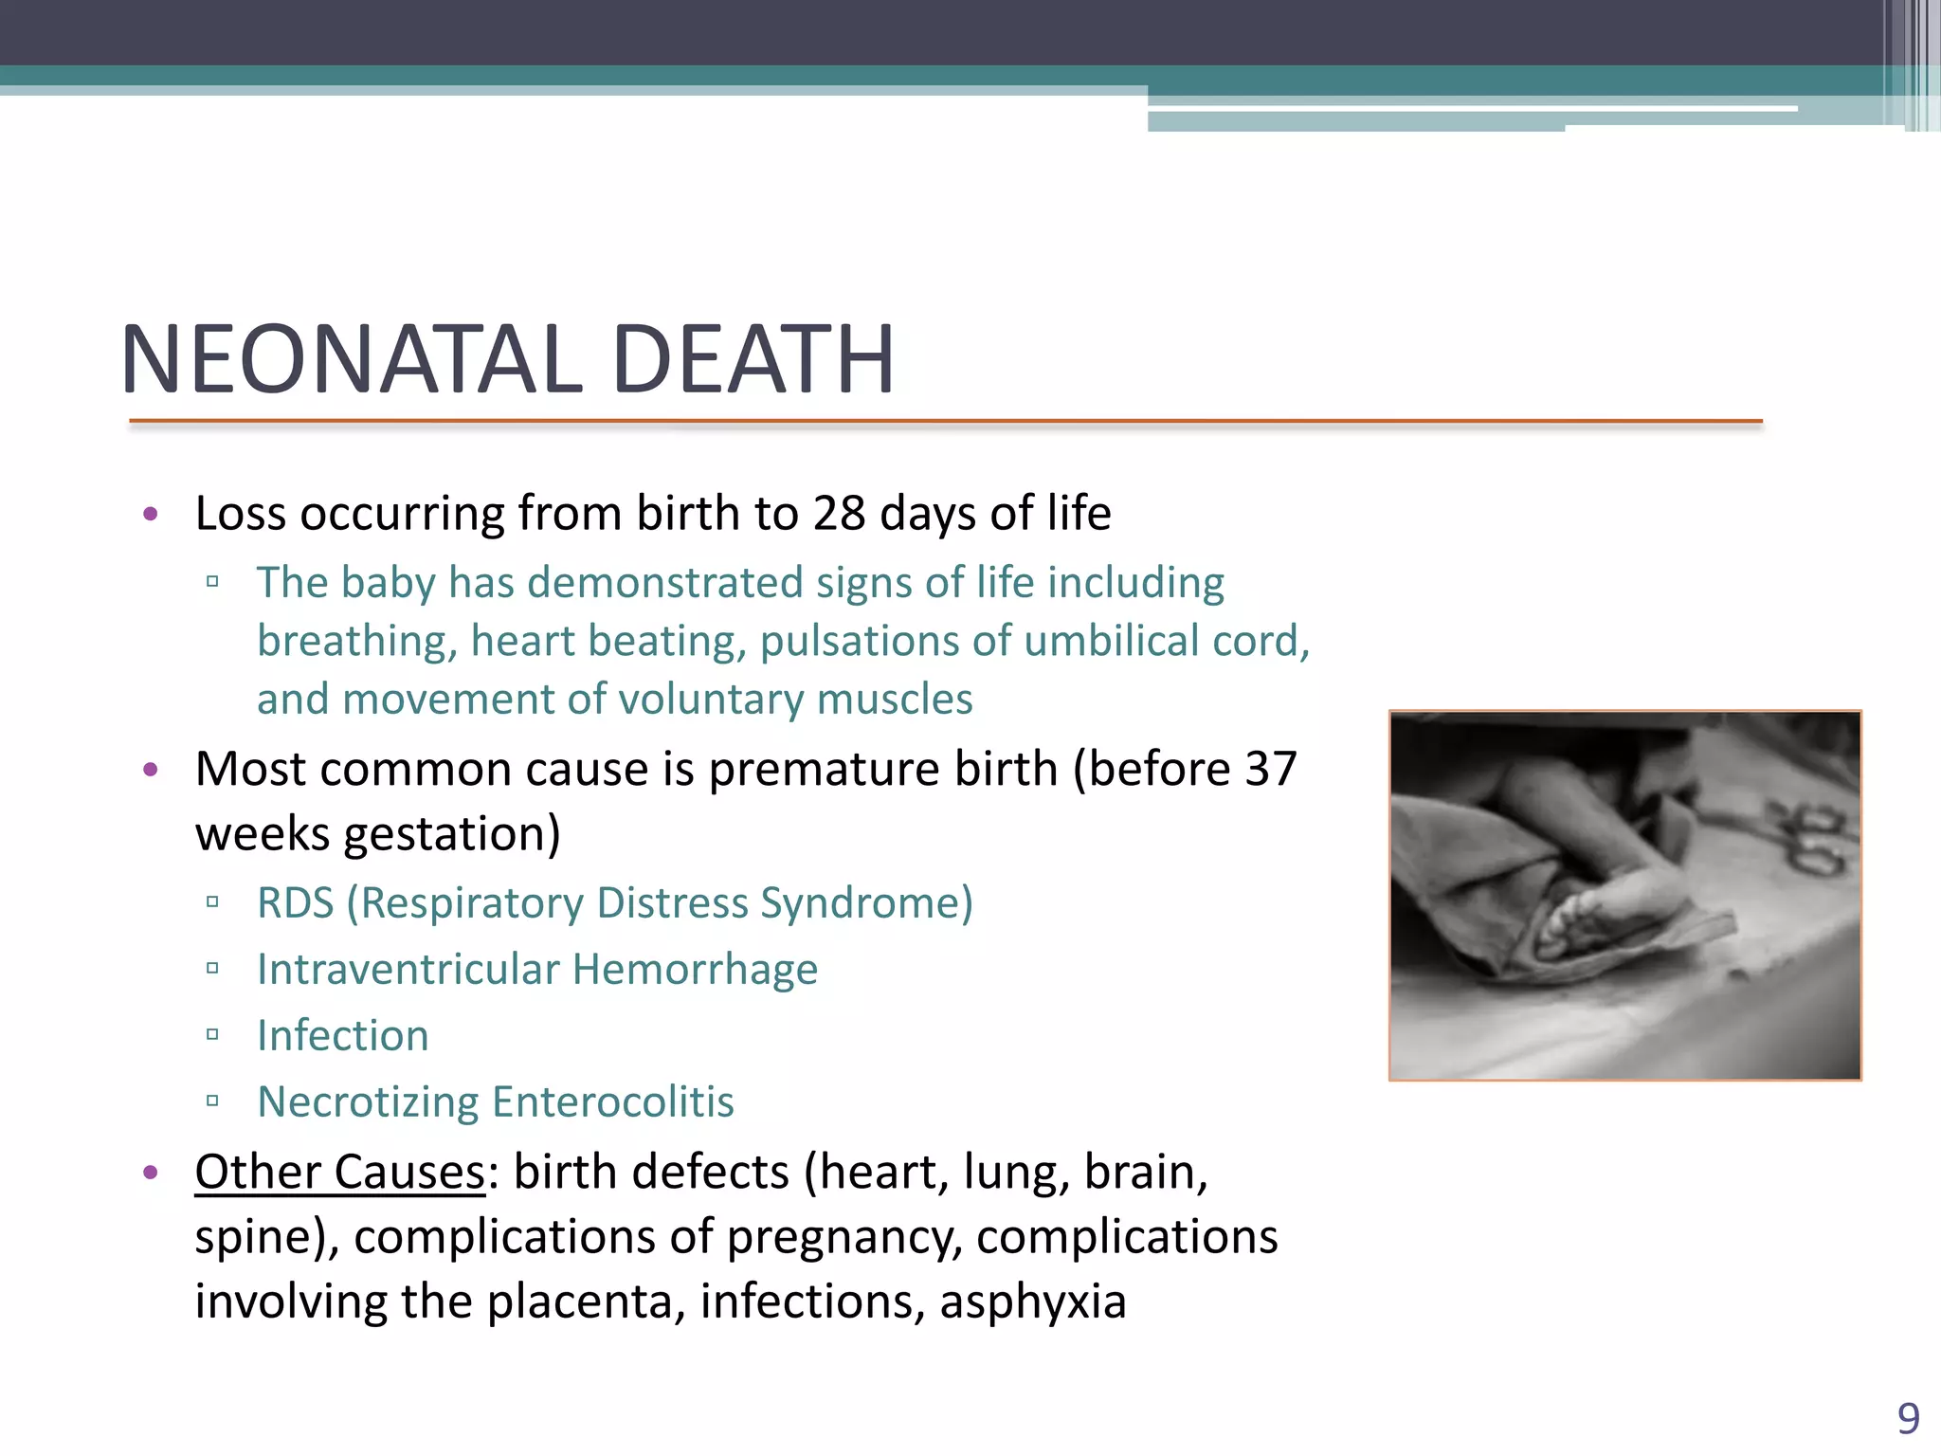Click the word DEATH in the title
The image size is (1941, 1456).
(x=753, y=360)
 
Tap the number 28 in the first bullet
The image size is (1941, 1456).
(x=839, y=514)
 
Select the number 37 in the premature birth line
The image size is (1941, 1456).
(x=1270, y=769)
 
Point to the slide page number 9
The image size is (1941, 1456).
(x=1908, y=1419)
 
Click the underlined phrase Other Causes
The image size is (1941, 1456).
(x=339, y=1173)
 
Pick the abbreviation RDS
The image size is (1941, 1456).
(x=295, y=903)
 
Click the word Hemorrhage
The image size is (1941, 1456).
(x=695, y=970)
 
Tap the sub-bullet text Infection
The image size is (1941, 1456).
(x=343, y=1036)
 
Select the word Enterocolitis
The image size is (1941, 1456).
(x=613, y=1102)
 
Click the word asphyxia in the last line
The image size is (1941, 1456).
(x=1033, y=1301)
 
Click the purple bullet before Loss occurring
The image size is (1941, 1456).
(x=150, y=515)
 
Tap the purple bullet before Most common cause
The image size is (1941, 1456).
(x=150, y=769)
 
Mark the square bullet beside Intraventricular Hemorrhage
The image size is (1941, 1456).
(x=212, y=969)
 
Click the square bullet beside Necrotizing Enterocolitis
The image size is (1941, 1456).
(x=212, y=1101)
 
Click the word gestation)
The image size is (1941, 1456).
(x=452, y=835)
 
